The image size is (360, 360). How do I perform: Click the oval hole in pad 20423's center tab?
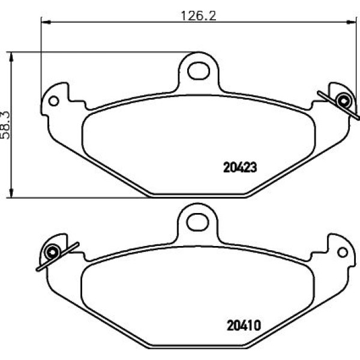(x=197, y=71)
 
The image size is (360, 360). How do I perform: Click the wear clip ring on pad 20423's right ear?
(x=343, y=100)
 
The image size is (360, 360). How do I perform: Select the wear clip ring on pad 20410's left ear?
(x=52, y=252)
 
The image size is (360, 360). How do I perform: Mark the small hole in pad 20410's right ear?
(x=343, y=251)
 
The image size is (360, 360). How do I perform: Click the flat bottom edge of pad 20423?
(x=198, y=194)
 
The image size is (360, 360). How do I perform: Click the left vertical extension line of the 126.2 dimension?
(x=41, y=60)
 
